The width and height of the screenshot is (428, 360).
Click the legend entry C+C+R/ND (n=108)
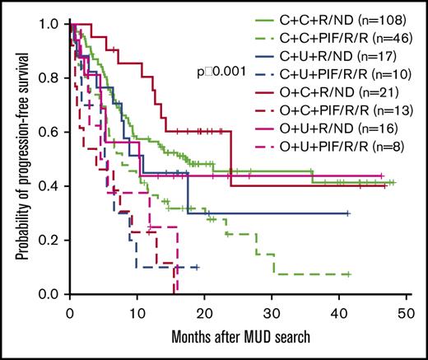(x=342, y=14)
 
